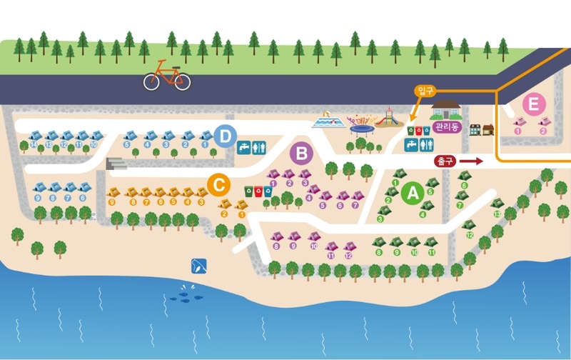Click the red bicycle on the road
pos(167,76)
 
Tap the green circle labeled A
pos(412,193)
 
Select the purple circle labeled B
pos(301,153)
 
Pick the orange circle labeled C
pos(219,185)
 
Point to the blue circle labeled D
pos(226,135)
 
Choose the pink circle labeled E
pos(531,105)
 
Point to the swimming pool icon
pos(328,121)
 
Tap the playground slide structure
pos(388,116)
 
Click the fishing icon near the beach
pos(198,266)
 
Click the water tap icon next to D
pos(243,146)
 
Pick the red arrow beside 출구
pos(470,161)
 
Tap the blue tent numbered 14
pos(34,136)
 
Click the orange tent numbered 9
pos(113,192)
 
